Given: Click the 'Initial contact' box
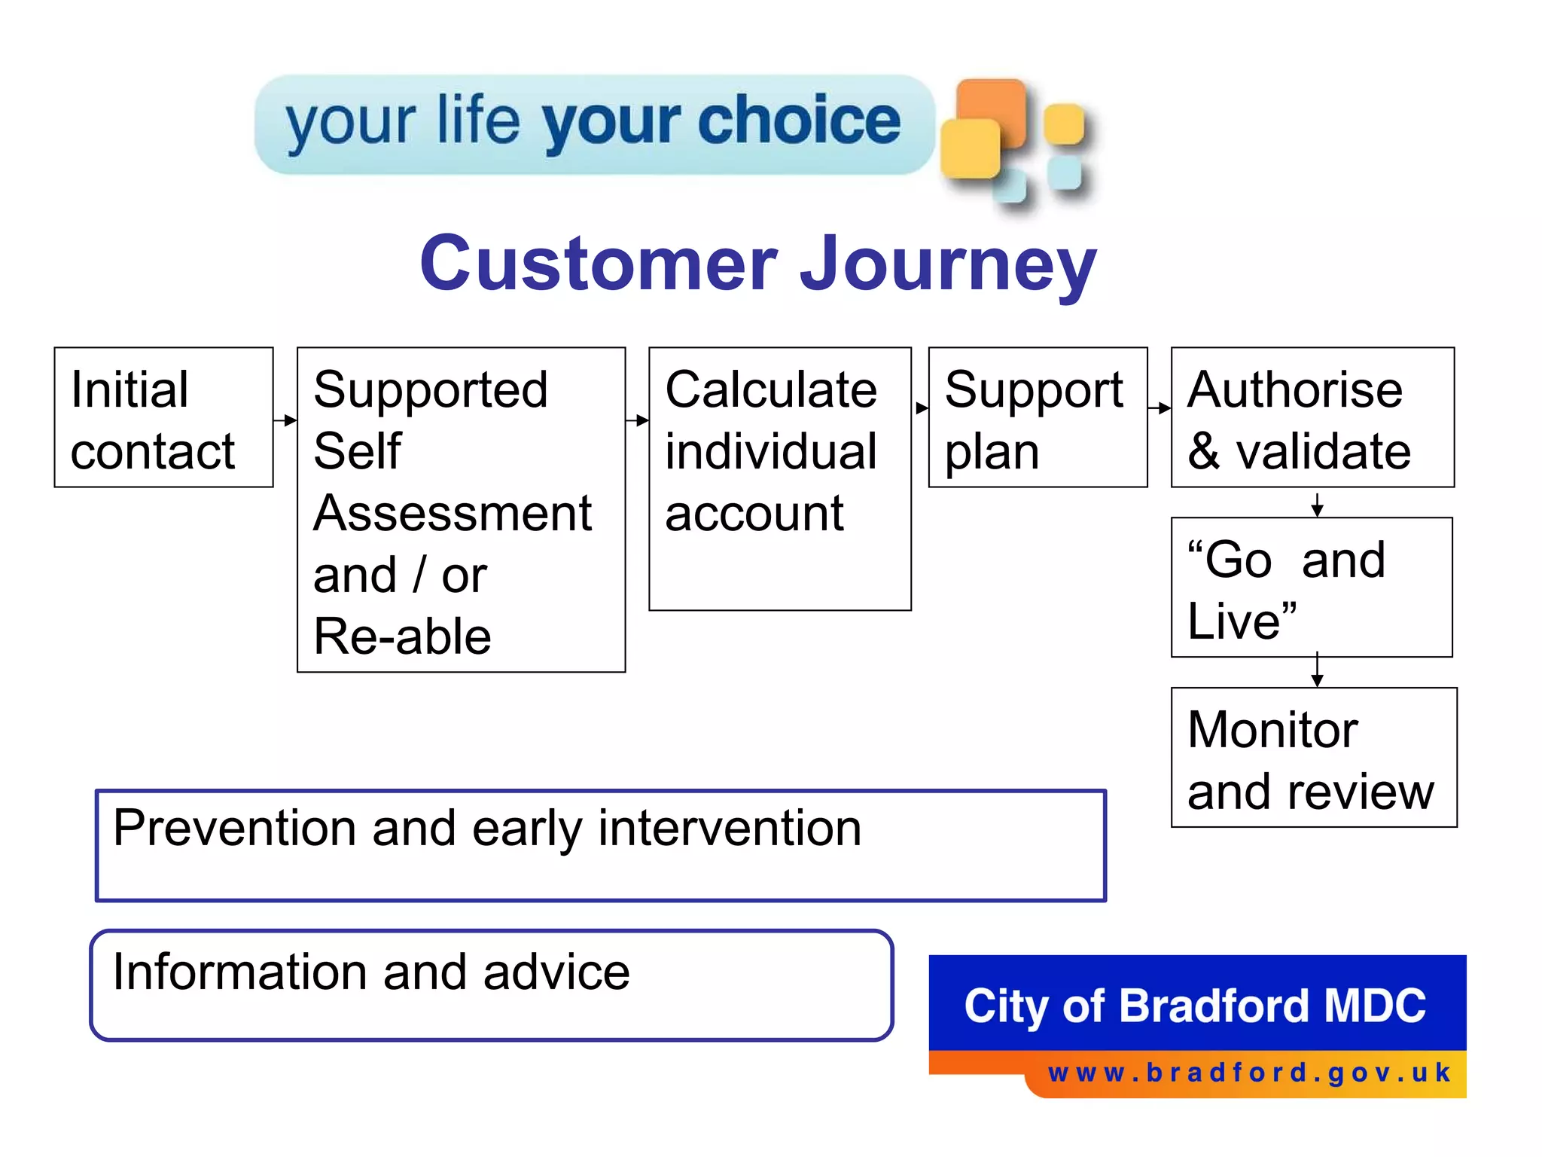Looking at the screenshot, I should coord(163,417).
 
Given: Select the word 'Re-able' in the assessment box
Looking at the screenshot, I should coord(402,637).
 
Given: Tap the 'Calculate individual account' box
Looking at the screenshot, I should coord(779,478).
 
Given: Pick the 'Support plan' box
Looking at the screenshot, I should coord(1038,417).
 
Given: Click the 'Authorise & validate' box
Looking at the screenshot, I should coord(1312,417).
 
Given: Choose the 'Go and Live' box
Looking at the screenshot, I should coord(1311,588).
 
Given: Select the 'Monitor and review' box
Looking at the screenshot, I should coord(1313,758).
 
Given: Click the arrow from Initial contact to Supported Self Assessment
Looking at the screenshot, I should coord(285,420).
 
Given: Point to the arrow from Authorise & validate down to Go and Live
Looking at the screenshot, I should coord(1317,504).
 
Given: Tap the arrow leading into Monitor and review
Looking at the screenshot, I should coord(1317,670).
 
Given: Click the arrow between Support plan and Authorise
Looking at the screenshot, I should coord(1160,408).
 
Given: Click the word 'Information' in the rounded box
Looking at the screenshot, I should coord(241,972).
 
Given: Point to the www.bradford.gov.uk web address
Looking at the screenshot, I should coord(1249,1073).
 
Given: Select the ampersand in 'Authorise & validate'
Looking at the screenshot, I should coord(1204,452).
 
